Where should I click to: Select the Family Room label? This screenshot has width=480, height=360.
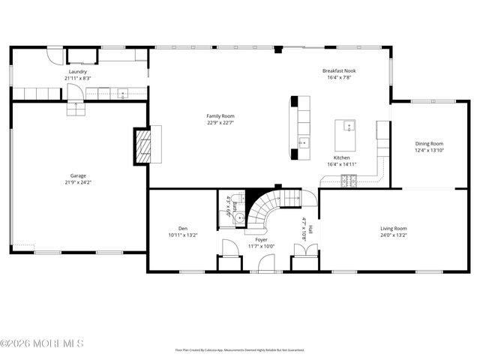coord(220,115)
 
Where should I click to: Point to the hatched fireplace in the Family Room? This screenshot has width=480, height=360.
coord(143,145)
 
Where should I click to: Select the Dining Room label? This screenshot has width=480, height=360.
coord(430,143)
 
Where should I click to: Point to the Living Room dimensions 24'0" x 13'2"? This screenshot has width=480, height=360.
coord(393,235)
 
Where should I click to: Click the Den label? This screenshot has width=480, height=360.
coord(182,228)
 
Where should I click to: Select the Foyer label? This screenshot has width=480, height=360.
coord(261,239)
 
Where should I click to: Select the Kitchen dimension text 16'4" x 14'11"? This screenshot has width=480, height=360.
coord(341,164)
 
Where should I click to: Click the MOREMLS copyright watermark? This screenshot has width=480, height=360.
coord(42,343)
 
